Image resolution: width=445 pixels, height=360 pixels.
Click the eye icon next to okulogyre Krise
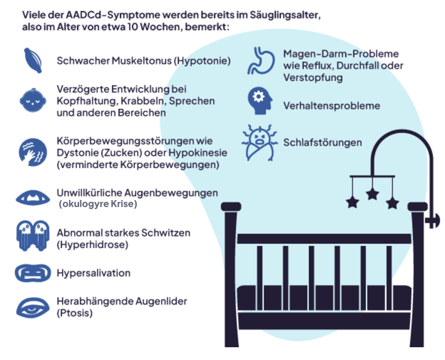pyautogui.click(x=33, y=197)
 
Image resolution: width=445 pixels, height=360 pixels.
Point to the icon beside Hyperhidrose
pyautogui.click(x=32, y=236)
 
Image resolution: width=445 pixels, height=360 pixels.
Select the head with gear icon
pyautogui.click(x=260, y=101)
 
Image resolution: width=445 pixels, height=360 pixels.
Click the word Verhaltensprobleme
pyautogui.click(x=331, y=106)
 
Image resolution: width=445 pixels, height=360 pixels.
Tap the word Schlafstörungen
pyautogui.click(x=323, y=143)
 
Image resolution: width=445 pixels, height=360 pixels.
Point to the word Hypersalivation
pyautogui.click(x=94, y=273)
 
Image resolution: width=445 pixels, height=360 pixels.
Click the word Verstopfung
pyautogui.click(x=312, y=78)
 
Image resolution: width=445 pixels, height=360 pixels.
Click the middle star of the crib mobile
pyautogui.click(x=372, y=193)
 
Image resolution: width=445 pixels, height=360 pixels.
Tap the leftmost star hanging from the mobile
pyautogui.click(x=353, y=202)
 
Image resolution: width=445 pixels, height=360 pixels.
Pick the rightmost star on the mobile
pyautogui.click(x=392, y=202)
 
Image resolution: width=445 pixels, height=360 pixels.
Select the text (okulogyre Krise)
pyautogui.click(x=97, y=204)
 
